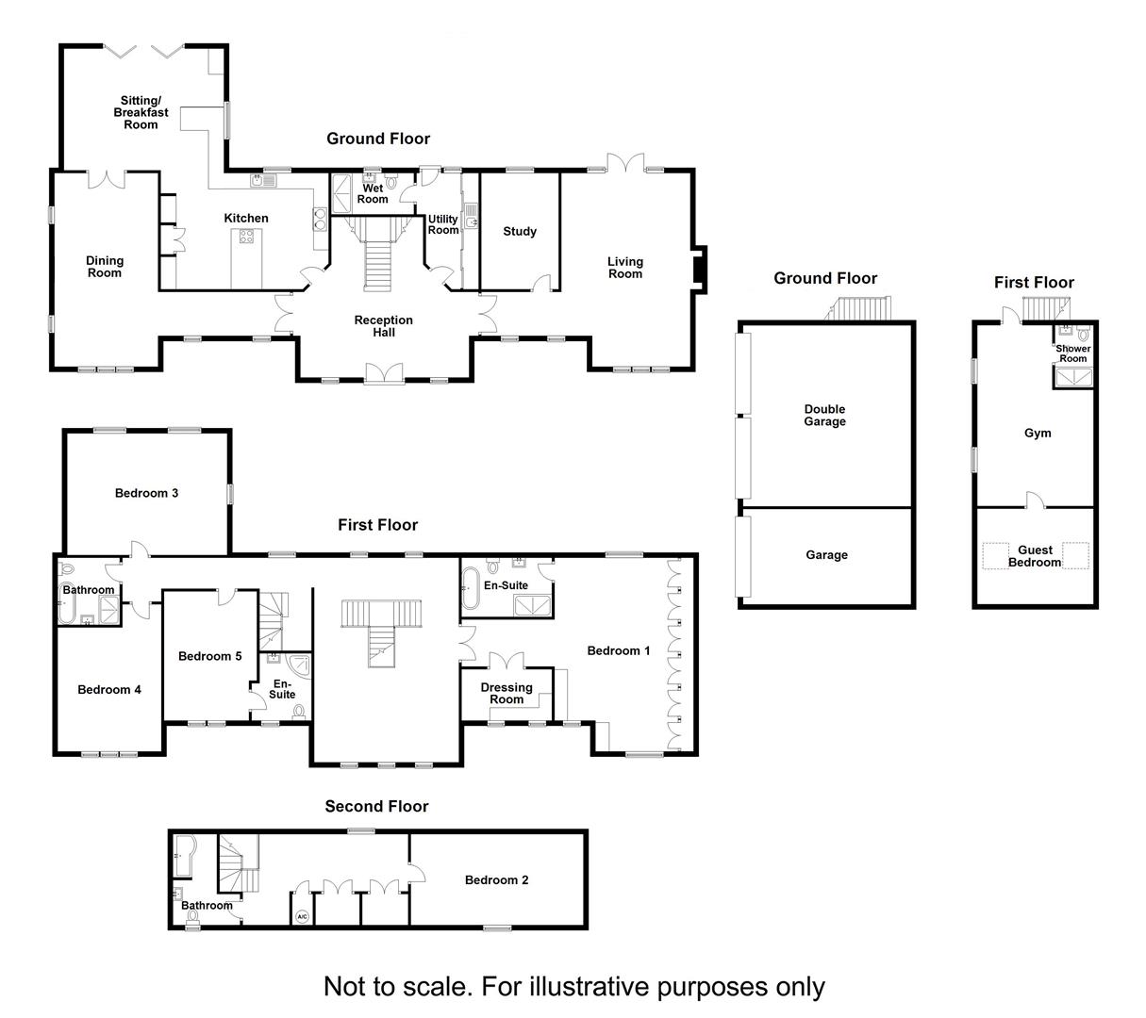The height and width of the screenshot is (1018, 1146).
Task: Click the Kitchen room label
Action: (x=246, y=218)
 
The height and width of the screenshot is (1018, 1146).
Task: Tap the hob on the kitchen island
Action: (x=246, y=236)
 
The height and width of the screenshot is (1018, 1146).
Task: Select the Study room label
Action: (x=520, y=231)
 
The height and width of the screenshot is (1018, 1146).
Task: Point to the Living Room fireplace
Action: (x=700, y=270)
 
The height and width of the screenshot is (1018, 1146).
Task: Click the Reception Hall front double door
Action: (x=384, y=373)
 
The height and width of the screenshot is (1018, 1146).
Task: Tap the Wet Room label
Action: (x=373, y=193)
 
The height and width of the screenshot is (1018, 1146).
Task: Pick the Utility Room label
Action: (x=443, y=224)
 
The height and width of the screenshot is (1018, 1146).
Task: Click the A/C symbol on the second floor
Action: (x=302, y=916)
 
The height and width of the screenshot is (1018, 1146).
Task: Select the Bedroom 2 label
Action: (x=496, y=880)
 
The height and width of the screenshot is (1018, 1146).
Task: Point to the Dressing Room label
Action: (x=507, y=693)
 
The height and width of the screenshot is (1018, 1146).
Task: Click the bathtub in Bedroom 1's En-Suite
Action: (x=470, y=588)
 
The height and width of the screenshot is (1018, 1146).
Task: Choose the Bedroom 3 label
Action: (x=146, y=493)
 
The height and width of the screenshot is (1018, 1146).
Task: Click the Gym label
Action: (x=1038, y=433)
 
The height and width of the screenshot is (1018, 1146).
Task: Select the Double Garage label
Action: (x=824, y=415)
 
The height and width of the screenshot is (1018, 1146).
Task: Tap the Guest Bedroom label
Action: (x=1035, y=555)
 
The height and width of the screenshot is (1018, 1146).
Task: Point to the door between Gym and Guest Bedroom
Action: (x=1036, y=501)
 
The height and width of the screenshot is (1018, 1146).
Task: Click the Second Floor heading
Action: (x=376, y=806)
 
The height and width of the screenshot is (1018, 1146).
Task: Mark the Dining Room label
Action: (x=104, y=267)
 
